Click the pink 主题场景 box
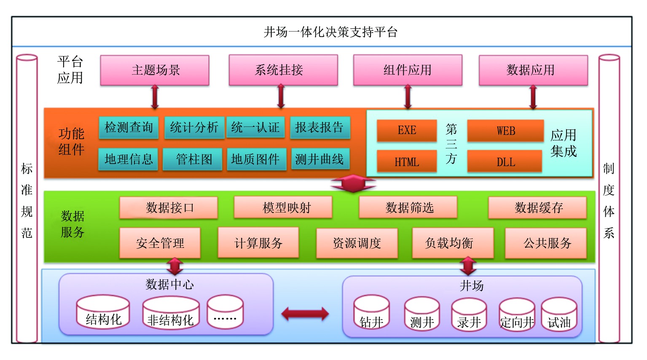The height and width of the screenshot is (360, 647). pos(155,70)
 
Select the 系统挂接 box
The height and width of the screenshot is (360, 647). pos(283,70)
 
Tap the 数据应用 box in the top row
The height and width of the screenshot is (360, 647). pos(533,70)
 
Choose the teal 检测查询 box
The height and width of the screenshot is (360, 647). pos(129,128)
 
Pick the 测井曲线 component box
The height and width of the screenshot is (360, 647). pos(320,159)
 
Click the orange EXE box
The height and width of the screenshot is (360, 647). pos(407,131)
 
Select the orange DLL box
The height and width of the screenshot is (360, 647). pos(505,161)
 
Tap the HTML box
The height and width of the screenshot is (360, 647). pos(407,161)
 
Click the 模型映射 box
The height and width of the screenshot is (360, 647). pos(283,207)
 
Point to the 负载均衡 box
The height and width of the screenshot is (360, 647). pos(453,243)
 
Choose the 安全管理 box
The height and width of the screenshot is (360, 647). pos(160,243)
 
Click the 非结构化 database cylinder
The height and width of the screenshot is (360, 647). pos(171,313)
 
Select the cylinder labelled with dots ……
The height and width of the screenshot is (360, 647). pos(226,312)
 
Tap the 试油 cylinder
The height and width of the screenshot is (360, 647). pos(559,314)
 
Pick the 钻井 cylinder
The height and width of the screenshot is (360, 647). pos(372,313)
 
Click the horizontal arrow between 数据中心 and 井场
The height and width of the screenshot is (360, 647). pos(305,314)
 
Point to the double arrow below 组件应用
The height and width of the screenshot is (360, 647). pos(408,97)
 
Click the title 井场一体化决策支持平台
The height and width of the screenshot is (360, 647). pos(330,32)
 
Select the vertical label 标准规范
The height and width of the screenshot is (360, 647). pos(27,200)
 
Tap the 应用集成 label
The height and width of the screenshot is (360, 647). pos(564,143)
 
